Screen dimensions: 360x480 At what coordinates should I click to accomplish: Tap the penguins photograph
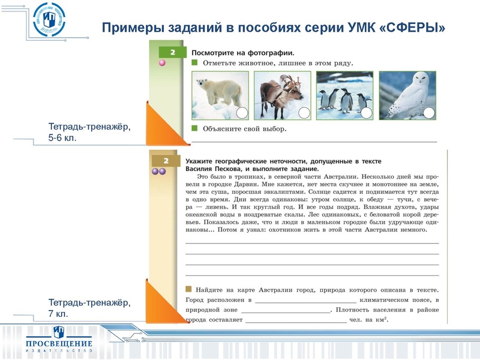[x=344, y=95]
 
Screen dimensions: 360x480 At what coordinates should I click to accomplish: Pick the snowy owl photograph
[x=407, y=95]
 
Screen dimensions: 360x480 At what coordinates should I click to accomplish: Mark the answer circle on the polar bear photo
[x=242, y=112]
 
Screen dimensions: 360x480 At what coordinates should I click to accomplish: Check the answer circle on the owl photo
[x=428, y=112]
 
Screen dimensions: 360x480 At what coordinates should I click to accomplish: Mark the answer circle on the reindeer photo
[x=304, y=112]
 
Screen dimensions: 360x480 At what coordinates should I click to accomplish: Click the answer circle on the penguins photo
[x=366, y=112]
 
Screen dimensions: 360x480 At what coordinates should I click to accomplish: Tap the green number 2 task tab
[x=172, y=53]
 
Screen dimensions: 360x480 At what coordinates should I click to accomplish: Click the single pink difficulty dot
[x=161, y=62]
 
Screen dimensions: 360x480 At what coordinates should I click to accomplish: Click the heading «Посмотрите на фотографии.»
[x=238, y=53]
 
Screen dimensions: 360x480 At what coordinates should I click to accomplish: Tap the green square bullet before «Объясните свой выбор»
[x=194, y=128]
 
